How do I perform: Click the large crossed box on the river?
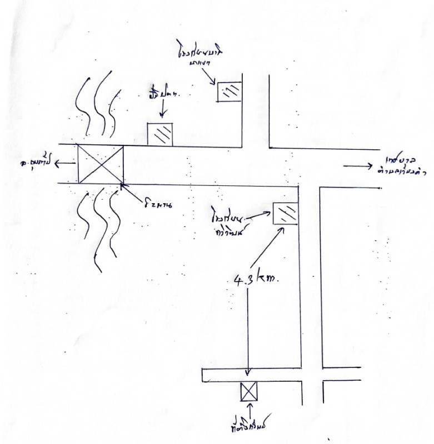coord(100,164)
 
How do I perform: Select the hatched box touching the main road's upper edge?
coord(159,134)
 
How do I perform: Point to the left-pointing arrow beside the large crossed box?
coord(66,164)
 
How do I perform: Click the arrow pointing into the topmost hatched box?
coord(211,78)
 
